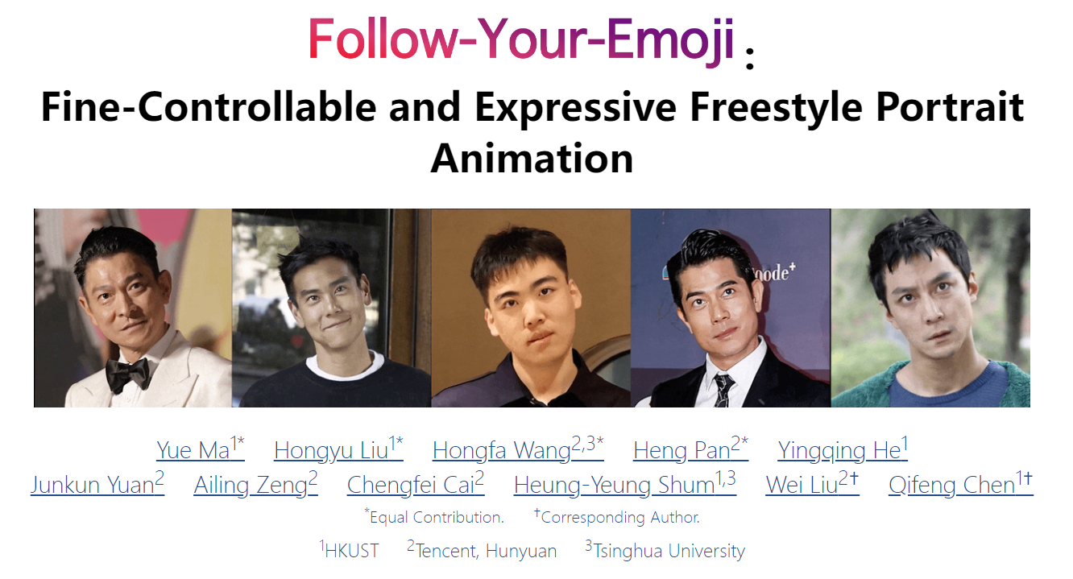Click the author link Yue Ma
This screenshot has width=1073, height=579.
[201, 449]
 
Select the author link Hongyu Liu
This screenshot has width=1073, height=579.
[338, 449]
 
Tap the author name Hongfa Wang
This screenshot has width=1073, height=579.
[518, 449]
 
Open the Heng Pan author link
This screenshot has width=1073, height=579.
[690, 449]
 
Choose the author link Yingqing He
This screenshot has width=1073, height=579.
[842, 449]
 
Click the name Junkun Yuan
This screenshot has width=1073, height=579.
[97, 484]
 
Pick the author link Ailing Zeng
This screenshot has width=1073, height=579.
[255, 484]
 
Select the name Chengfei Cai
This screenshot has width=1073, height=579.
[416, 484]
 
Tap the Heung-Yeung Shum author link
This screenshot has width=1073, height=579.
[624, 484]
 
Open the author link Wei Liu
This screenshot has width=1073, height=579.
[812, 484]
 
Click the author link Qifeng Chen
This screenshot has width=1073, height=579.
[960, 484]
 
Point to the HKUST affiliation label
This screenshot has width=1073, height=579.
[349, 550]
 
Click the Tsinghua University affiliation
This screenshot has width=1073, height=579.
[665, 550]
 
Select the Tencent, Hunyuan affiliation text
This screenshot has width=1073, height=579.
[482, 550]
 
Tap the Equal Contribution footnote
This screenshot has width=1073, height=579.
[434, 516]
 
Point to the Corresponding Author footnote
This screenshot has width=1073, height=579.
[617, 516]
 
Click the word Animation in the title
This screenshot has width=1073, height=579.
[532, 158]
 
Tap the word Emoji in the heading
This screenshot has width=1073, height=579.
[670, 39]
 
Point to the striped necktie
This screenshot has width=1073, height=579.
[723, 391]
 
